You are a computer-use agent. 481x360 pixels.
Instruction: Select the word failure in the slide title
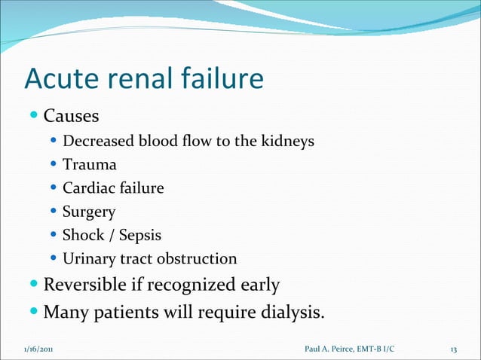222,78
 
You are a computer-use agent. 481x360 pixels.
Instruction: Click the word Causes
71,117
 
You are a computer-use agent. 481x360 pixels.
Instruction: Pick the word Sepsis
137,235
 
